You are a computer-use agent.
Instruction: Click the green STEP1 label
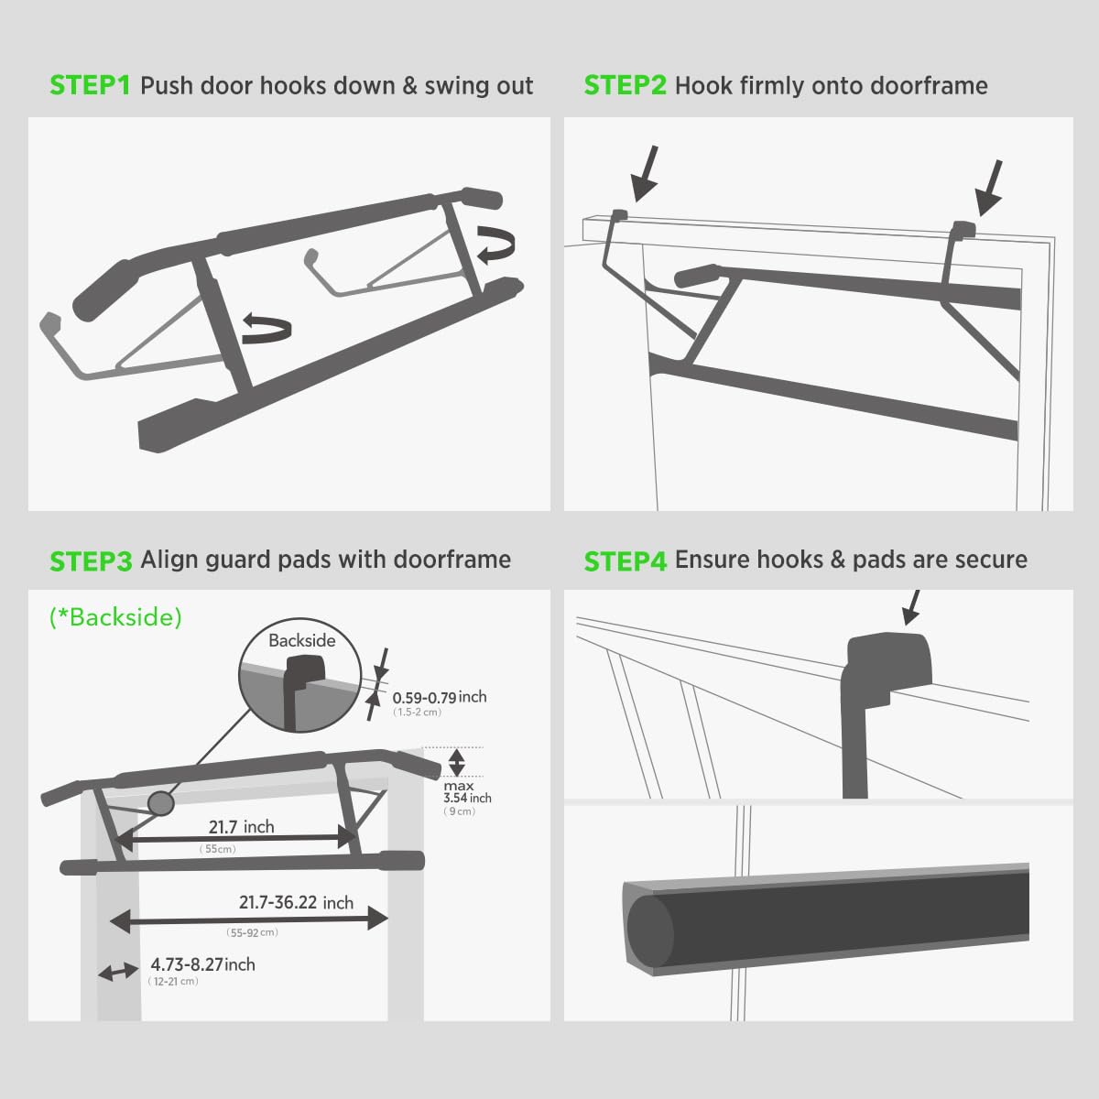90,86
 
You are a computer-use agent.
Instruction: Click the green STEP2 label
625,86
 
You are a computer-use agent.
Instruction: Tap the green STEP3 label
90,560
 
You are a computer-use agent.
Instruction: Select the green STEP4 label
625,560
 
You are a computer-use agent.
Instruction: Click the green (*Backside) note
115,617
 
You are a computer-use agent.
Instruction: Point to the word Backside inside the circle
301,641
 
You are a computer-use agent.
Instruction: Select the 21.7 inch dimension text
241,827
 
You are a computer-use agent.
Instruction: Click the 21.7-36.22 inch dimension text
296,903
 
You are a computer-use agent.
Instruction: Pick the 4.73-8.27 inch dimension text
202,964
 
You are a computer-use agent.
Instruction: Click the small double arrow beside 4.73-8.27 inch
118,972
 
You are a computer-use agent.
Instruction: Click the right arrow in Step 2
989,188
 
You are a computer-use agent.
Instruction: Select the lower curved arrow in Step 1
267,326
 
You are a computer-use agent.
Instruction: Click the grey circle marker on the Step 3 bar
160,803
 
